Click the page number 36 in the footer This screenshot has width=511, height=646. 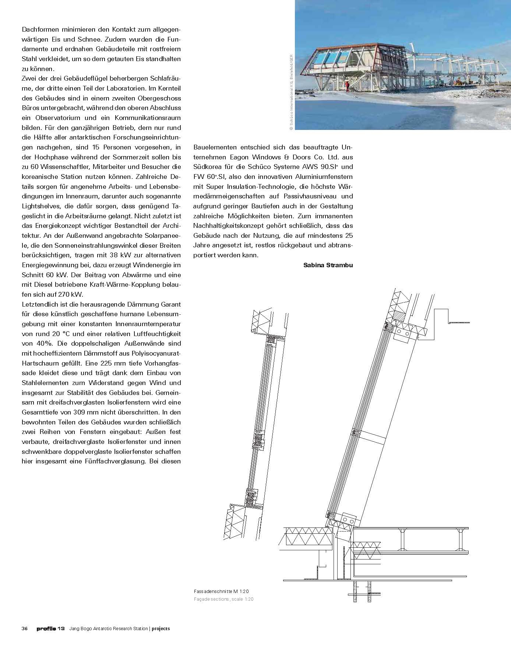point(25,628)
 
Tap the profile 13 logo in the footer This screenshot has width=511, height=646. point(50,628)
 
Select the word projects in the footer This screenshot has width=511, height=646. point(161,628)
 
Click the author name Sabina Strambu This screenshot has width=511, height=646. point(328,265)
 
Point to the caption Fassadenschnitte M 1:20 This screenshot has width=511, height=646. point(223,591)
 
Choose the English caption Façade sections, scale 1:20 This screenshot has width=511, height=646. point(223,599)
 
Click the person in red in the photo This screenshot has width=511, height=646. point(346,86)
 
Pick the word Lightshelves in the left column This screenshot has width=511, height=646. point(40,206)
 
